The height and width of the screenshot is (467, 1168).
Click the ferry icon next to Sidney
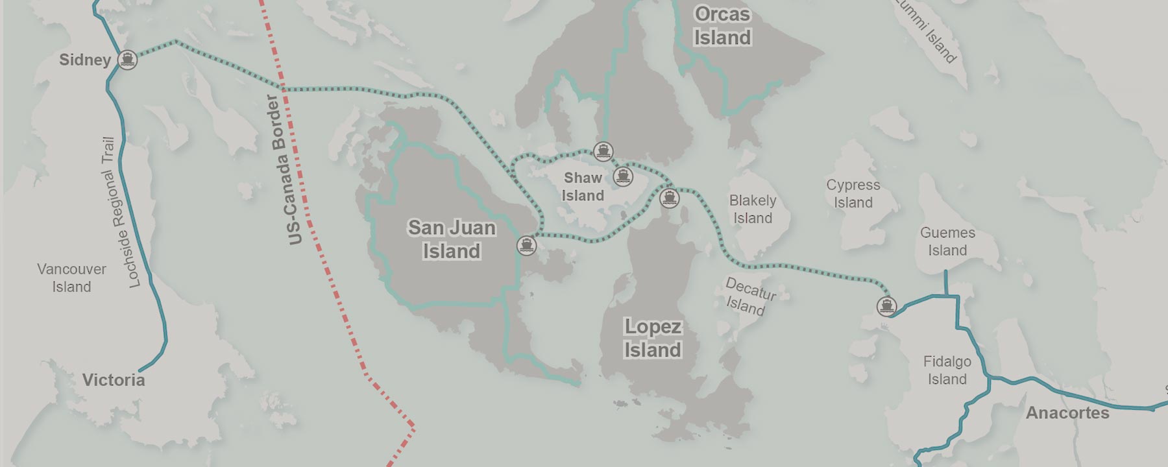[x=128, y=60]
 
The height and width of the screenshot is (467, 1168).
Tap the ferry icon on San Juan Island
[x=526, y=245]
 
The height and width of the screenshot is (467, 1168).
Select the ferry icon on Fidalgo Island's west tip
[x=886, y=305]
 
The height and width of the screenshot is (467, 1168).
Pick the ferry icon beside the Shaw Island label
[x=623, y=176]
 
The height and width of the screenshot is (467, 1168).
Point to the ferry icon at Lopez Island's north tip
[x=670, y=198]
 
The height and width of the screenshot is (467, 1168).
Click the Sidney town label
[x=85, y=60]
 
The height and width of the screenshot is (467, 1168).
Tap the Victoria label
[x=114, y=380]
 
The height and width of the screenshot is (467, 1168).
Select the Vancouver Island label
[x=71, y=278]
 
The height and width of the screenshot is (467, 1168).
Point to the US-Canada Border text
[x=286, y=170]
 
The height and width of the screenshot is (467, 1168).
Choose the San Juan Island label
[x=452, y=239]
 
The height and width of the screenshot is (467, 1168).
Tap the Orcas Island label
[x=722, y=26]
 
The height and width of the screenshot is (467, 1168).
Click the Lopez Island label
[x=653, y=338]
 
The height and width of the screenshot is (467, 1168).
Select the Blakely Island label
[x=753, y=209]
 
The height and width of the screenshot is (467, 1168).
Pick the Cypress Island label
[x=853, y=193]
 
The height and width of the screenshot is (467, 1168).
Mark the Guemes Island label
[x=947, y=241]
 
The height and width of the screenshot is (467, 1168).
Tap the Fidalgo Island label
[x=947, y=370]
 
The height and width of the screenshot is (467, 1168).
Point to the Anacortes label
[x=1067, y=413]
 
